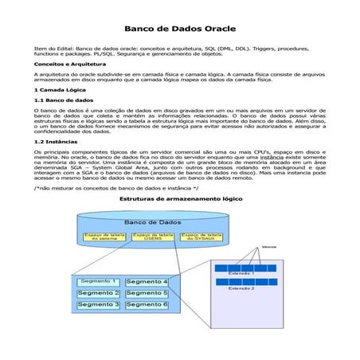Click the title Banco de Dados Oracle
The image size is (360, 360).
[179, 29]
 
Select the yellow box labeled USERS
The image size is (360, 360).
[153, 237]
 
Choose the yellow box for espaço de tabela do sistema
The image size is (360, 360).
[105, 237]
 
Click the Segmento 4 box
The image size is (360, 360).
[147, 282]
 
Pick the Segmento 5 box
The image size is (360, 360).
[147, 293]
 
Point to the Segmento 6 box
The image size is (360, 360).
[147, 304]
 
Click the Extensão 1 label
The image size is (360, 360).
[241, 273]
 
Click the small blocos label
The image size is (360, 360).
[269, 247]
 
